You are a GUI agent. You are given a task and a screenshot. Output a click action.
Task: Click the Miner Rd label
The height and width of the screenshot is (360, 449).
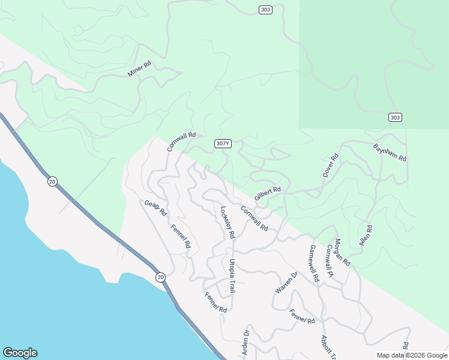click(x=139, y=68)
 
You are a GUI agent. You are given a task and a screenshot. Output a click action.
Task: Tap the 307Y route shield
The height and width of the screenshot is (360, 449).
click(x=222, y=143)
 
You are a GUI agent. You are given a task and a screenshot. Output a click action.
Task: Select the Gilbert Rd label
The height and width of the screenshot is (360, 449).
click(x=268, y=193)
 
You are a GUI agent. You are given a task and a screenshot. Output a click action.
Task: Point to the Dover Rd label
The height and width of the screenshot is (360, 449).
click(x=331, y=165)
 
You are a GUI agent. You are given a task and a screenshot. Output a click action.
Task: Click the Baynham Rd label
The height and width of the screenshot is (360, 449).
click(x=390, y=152)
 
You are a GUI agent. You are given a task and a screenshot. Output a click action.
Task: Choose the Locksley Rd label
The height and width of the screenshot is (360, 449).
click(x=227, y=222)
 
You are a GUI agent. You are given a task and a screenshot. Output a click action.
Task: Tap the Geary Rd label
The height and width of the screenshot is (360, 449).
click(x=155, y=208)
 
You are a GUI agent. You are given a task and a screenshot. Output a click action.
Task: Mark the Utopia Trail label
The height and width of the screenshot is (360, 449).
click(x=232, y=276)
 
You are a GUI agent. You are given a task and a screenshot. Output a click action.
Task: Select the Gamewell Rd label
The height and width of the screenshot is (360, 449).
click(x=314, y=264)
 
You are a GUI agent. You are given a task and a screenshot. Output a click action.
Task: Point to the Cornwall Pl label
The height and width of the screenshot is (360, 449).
click(x=330, y=261)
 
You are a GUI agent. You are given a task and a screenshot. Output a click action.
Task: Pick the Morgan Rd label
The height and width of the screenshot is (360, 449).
click(x=342, y=253)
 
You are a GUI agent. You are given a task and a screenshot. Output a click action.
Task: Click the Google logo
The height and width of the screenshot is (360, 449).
click(x=20, y=353)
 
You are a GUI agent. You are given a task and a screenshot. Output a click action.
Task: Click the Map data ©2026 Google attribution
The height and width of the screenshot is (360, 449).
click(x=411, y=355)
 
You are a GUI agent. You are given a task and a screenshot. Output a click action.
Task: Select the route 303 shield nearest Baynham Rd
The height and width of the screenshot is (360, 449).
click(x=394, y=118)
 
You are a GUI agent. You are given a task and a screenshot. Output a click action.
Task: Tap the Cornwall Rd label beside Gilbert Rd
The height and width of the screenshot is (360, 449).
click(x=254, y=218)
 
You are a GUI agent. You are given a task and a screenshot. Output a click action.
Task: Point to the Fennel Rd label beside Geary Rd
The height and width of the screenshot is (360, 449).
click(x=181, y=236)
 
